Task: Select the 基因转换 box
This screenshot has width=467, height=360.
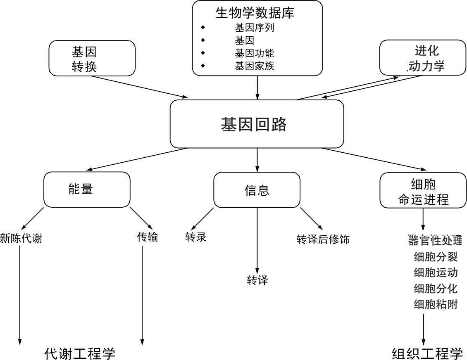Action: (92, 58)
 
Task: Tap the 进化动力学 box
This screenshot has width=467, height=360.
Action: (422, 58)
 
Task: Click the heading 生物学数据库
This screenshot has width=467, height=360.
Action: (255, 13)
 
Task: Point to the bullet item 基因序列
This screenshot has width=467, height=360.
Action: (255, 28)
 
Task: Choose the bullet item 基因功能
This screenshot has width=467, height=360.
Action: (255, 53)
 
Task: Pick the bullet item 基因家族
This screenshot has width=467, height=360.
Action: (255, 66)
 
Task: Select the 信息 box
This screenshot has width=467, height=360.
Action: (257, 190)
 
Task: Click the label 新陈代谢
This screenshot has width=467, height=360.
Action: (21, 238)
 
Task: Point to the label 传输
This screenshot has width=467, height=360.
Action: (148, 237)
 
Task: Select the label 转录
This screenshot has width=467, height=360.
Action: (196, 237)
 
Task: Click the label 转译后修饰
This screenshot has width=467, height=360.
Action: (323, 239)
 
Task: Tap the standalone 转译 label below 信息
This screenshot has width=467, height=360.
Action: (257, 281)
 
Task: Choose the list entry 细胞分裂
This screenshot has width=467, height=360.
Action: (436, 257)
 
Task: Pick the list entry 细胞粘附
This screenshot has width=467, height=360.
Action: (436, 305)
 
